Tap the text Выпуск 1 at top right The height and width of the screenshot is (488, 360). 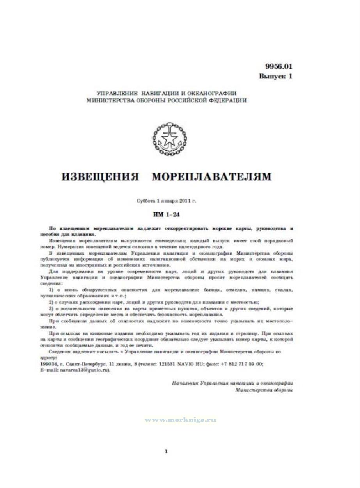point(275,77)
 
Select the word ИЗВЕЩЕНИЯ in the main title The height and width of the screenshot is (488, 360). point(101,176)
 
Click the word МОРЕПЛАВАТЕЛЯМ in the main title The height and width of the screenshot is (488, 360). point(211,176)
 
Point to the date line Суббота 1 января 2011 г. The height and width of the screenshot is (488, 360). point(167,201)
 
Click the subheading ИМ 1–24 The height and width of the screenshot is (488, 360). point(167,214)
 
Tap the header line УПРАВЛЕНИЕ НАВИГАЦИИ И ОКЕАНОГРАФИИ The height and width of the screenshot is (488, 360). point(167,93)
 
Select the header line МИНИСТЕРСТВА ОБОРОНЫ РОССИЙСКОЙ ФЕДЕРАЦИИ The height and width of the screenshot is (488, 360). point(167,100)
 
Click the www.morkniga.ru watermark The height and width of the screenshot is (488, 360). point(180,420)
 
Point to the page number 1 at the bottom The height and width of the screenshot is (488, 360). point(167,451)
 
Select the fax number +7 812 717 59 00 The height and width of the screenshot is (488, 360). point(242,363)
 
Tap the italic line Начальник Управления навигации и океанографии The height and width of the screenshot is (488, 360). point(232,383)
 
